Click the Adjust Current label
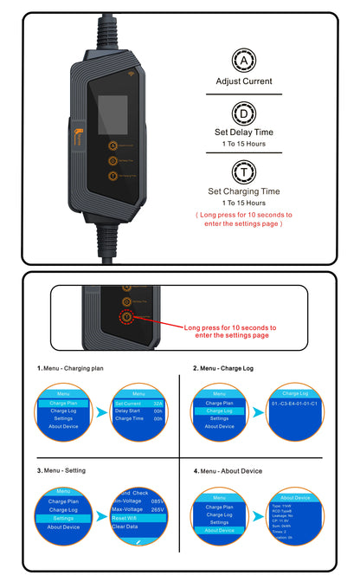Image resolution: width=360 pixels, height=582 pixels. coord(243,81)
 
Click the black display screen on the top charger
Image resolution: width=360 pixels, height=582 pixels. coord(112,112)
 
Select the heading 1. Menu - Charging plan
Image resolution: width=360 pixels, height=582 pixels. coord(72,368)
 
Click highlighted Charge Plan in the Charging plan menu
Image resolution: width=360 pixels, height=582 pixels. coord(69,403)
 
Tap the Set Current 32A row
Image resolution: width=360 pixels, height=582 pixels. coord(138,403)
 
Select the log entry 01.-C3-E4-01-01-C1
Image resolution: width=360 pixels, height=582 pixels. coord(295,403)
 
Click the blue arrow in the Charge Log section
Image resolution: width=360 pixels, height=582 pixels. coord(259,412)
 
